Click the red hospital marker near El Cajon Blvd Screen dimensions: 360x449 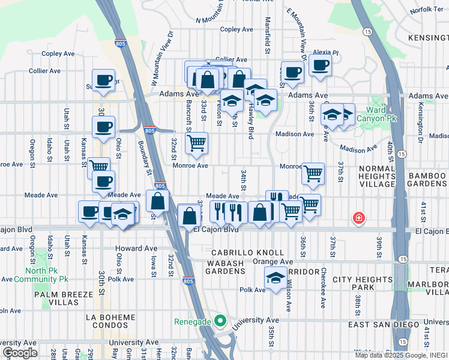(359, 217)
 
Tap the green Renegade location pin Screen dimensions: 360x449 (220, 320)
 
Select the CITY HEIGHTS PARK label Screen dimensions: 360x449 (362, 284)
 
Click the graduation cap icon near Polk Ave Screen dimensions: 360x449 (276, 278)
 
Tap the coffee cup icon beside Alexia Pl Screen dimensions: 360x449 (321, 66)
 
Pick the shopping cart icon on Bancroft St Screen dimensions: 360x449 (196, 143)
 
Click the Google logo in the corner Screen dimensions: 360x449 (20, 352)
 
